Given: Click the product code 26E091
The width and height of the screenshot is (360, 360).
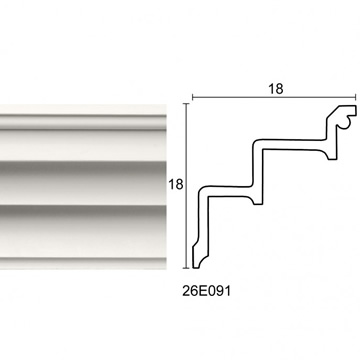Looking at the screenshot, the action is point(206,291).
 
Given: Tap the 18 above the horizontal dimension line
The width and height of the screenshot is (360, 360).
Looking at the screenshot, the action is point(276,89).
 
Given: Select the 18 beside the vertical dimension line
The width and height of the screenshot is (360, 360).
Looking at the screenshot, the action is point(176,184).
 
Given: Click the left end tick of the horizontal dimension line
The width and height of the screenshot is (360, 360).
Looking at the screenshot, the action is point(193,97).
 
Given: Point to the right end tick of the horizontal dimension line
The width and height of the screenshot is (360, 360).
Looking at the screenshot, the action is point(356,97).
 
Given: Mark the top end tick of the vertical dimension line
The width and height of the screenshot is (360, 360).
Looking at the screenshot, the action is point(187,104).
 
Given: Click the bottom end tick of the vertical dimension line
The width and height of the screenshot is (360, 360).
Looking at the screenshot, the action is point(187,268).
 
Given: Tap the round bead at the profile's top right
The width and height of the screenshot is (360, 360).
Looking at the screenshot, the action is point(346,123).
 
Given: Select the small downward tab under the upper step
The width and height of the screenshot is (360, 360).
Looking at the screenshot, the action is point(332,156).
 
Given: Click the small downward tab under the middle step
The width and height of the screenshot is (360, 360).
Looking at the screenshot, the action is point(258,200).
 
